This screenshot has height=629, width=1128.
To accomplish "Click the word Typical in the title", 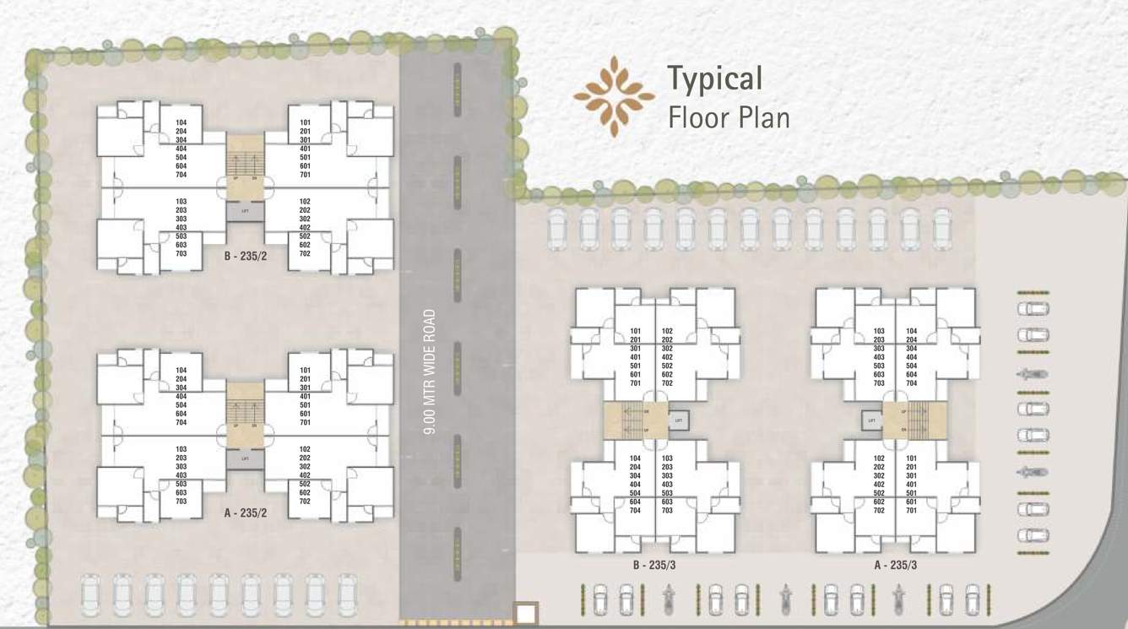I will pyautogui.click(x=715, y=79).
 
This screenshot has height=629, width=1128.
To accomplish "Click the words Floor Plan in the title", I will pyautogui.click(x=729, y=117).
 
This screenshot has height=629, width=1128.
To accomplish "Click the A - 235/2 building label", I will pyautogui.click(x=246, y=512).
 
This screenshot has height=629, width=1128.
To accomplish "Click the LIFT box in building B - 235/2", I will pyautogui.click(x=245, y=212).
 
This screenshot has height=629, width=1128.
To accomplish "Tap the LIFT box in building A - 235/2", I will pyautogui.click(x=245, y=458).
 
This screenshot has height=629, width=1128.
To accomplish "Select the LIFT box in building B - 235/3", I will pyautogui.click(x=679, y=419).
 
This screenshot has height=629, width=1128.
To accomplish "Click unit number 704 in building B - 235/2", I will pyautogui.click(x=181, y=175).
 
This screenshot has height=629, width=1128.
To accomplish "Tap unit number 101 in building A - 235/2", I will pyautogui.click(x=305, y=370).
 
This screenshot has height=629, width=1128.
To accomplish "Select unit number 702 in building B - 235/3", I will pyautogui.click(x=667, y=382).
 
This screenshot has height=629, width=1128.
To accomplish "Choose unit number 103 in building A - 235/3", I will pyautogui.click(x=879, y=331).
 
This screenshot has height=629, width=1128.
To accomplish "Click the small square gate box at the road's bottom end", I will pyautogui.click(x=526, y=613).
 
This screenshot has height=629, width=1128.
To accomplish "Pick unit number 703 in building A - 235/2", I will pyautogui.click(x=181, y=501).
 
